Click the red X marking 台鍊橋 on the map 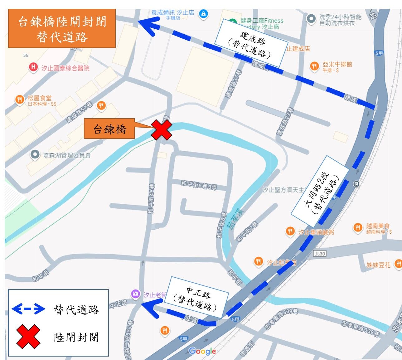pos(162,130)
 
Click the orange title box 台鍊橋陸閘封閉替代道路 pos(62,29)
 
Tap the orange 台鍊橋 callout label pos(109,129)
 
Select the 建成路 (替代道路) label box pos(252,43)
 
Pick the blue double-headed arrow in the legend pos(28,309)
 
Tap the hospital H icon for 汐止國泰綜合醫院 pos(33,67)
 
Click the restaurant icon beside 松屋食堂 pos(20,100)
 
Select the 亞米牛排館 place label pos(337,65)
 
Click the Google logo pos(202,351)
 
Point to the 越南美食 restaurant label pos(378,226)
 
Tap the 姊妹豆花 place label pos(378,265)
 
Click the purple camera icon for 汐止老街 pos(135,294)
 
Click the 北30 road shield pos(320,254)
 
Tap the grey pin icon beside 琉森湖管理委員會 pos(35,154)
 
